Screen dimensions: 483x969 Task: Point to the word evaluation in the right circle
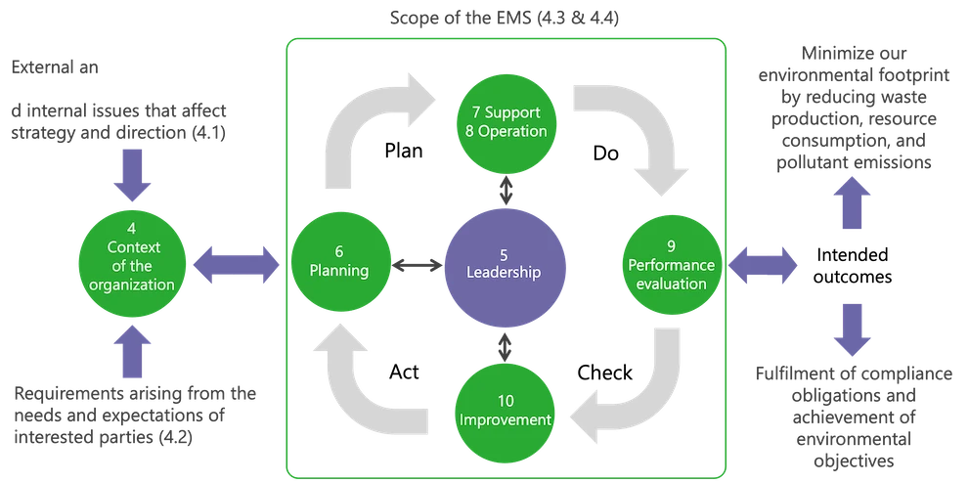point(670,285)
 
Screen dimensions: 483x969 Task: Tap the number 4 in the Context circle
point(131,229)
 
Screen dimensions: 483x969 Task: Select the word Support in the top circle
point(512,110)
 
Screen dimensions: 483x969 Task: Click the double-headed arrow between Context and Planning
point(236,264)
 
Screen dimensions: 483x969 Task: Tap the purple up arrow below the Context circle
point(134,352)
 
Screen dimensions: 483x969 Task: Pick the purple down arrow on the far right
point(851,329)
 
